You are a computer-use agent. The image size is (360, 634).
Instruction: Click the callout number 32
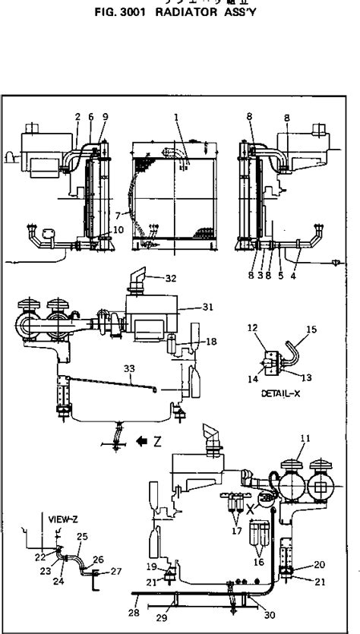pyautogui.click(x=170, y=279)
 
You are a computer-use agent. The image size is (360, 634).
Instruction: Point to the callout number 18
pyautogui.click(x=210, y=342)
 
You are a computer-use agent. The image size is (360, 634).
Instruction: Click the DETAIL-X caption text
pyautogui.click(x=278, y=394)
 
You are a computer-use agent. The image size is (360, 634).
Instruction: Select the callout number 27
pyautogui.click(x=115, y=571)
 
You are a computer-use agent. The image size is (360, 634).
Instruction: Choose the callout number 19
pyautogui.click(x=153, y=566)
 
